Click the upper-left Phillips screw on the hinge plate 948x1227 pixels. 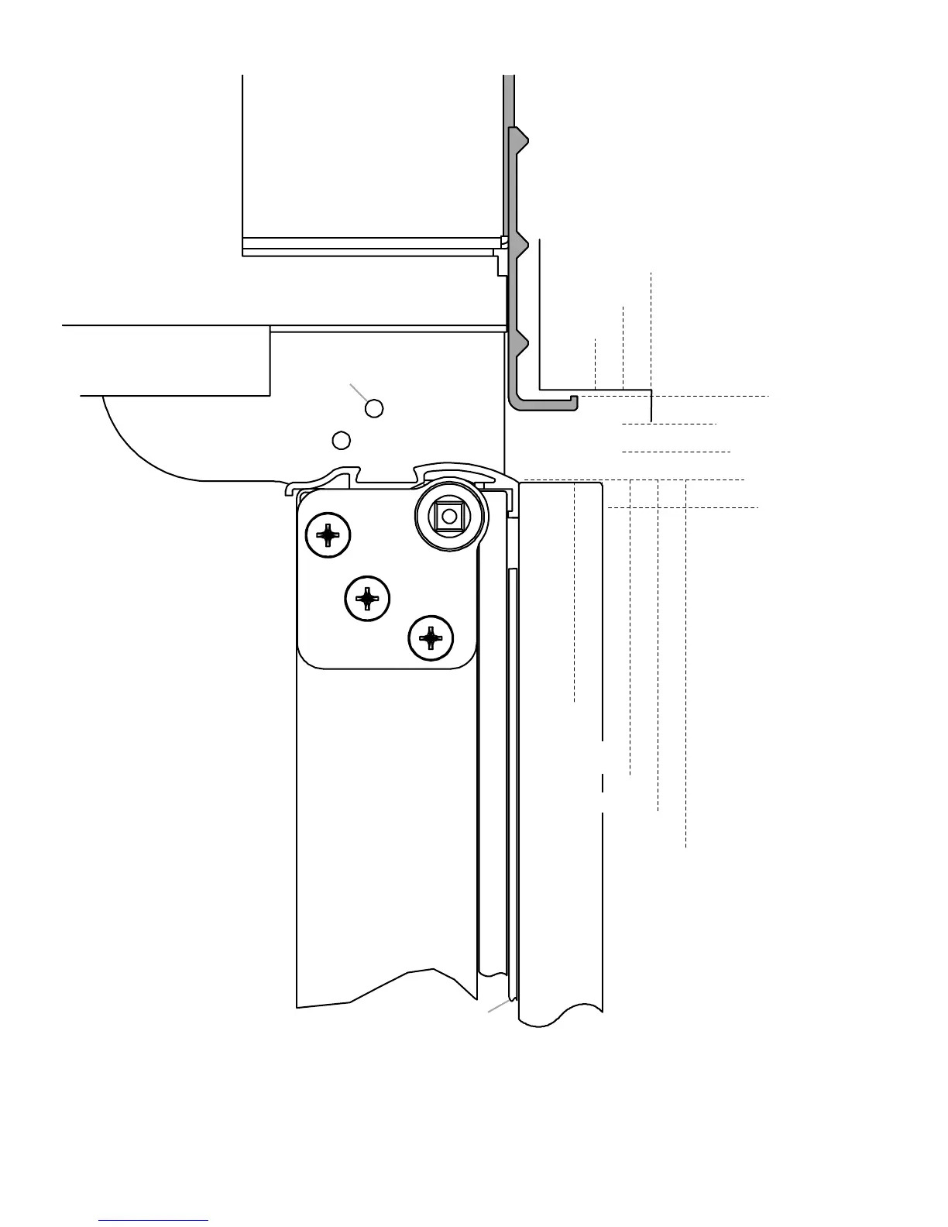328,534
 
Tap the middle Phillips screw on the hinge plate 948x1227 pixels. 367,598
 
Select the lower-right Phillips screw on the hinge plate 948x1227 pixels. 431,639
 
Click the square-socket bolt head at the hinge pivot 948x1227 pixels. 448,516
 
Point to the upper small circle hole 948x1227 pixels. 374,408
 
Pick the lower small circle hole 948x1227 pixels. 341,440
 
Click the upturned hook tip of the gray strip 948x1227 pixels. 574,400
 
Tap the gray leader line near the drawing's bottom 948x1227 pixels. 498,1006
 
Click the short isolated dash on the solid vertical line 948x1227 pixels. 602,782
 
